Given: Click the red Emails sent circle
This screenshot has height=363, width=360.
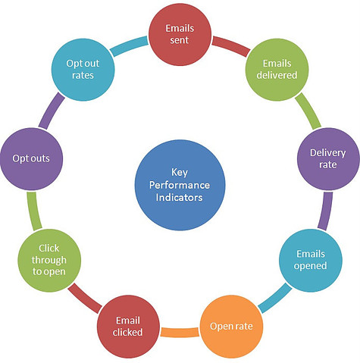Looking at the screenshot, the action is click(180, 34).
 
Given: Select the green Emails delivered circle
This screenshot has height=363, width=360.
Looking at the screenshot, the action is click(277, 70).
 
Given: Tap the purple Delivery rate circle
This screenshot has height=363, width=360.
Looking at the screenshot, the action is click(328, 159).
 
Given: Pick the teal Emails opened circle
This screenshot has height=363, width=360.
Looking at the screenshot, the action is click(311, 261).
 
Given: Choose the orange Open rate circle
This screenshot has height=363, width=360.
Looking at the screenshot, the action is click(231, 327).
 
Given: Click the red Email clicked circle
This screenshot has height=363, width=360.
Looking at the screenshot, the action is click(128, 327).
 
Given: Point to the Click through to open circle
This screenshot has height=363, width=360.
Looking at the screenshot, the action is click(49, 261).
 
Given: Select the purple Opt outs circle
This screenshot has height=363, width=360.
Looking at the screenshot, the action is click(31, 159).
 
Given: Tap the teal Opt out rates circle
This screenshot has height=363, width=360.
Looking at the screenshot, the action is click(83, 70).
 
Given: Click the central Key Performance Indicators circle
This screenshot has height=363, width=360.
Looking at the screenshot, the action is click(180, 185).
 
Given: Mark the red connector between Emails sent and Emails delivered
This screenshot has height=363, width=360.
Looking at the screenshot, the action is click(231, 46).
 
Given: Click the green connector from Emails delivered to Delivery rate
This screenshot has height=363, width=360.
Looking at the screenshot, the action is click(308, 111).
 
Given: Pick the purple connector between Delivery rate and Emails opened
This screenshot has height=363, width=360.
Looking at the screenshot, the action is click(325, 211).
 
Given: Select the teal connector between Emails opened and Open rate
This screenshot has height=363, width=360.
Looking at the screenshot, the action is click(274, 298).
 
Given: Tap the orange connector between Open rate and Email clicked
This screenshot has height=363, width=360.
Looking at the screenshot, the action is click(180, 332).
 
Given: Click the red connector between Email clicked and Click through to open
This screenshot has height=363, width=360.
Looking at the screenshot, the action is click(85, 298).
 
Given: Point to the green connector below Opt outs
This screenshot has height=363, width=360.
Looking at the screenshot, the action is click(34, 211).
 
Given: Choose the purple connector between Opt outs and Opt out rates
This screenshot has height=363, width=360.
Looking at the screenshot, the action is click(52, 111).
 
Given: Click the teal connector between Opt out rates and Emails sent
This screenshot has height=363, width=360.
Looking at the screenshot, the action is click(129, 46).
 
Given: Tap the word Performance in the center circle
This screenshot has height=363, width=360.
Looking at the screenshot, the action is click(180, 186).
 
